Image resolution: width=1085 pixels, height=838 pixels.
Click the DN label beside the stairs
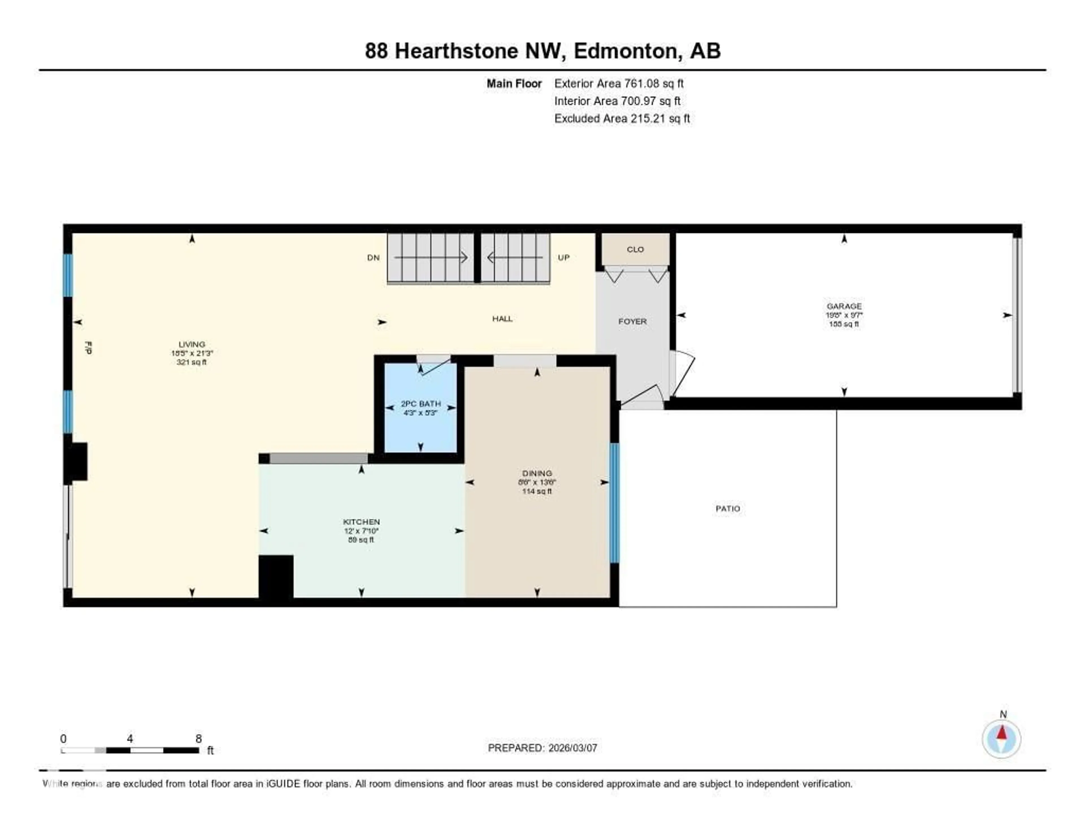(373, 257)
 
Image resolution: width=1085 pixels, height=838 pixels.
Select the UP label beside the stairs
(563, 257)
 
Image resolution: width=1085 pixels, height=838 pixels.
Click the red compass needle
(1002, 732)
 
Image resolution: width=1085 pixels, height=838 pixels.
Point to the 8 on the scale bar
(198, 739)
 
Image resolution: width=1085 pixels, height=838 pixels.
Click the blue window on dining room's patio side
(615, 503)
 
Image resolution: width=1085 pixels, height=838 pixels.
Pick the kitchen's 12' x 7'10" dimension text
(361, 531)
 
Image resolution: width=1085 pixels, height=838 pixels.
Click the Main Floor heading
(514, 83)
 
